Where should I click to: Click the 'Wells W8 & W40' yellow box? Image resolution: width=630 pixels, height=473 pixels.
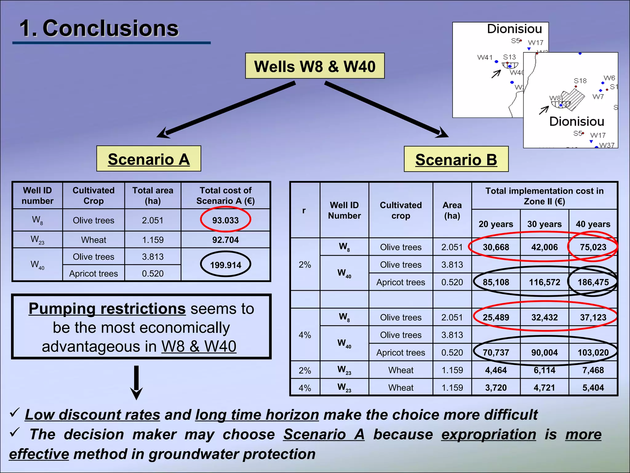click(315, 66)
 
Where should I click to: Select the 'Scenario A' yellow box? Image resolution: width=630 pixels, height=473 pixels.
click(149, 159)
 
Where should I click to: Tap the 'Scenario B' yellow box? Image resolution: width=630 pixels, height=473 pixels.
click(456, 159)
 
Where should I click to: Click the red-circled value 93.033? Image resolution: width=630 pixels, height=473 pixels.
click(225, 220)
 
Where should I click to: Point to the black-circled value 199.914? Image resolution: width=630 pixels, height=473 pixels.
click(225, 265)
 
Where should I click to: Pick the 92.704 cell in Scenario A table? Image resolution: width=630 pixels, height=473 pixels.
click(225, 240)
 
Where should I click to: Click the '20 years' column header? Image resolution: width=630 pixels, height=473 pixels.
click(496, 224)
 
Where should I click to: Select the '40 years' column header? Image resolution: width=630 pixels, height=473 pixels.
click(593, 224)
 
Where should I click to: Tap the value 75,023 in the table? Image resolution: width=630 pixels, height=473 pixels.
click(593, 247)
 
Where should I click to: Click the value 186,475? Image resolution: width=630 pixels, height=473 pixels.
click(593, 282)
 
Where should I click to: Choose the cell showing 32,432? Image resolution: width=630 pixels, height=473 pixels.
click(544, 317)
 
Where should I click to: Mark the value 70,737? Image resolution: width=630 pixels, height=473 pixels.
click(496, 352)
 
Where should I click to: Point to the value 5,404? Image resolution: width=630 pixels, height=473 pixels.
click(593, 387)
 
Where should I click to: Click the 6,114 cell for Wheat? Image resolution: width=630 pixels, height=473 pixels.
click(544, 370)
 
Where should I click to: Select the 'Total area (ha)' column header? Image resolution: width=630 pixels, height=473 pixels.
click(153, 196)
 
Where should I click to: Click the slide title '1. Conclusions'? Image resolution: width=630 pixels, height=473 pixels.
click(99, 28)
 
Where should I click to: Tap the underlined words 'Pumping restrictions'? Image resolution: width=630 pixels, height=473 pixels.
click(107, 309)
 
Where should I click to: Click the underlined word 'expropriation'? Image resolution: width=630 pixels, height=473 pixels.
click(488, 435)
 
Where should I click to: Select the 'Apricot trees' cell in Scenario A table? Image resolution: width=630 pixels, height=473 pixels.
click(94, 273)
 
